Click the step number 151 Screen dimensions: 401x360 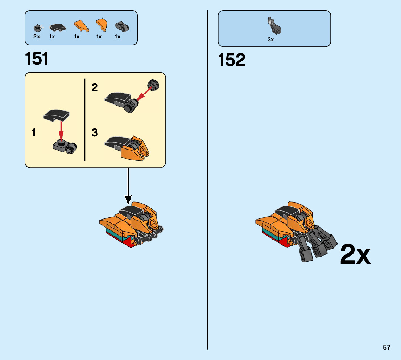coord(37,59)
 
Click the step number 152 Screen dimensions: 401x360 coord(232,60)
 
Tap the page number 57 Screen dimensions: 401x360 coord(386,347)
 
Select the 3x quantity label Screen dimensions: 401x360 coord(270,40)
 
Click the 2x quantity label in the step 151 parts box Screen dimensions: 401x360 coord(37,37)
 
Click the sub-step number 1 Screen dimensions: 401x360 coord(34,133)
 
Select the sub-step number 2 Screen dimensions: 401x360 coord(95,88)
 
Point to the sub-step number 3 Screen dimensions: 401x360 coord(95,133)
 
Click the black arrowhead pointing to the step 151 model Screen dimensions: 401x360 coord(128,200)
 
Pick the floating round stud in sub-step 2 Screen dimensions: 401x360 coord(154,85)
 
